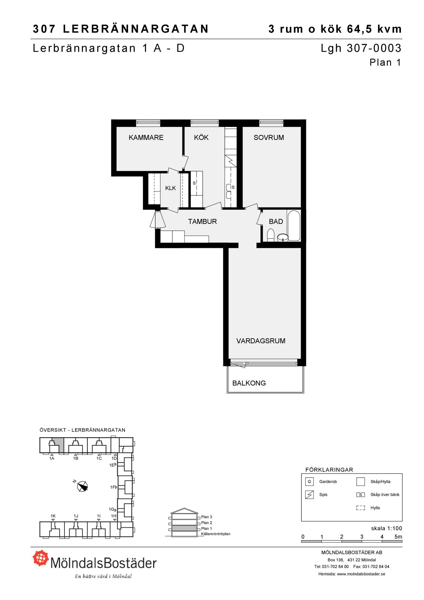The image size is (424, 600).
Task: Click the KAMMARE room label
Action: coord(146,138)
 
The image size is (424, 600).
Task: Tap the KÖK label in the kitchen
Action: coord(201,137)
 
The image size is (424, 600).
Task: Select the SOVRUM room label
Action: coord(269,138)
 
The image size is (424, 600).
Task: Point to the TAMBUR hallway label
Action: coord(202,222)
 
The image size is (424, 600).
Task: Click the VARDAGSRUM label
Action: coord(261,341)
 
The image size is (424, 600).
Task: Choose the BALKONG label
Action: coord(249,383)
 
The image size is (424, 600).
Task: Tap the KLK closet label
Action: coord(170,188)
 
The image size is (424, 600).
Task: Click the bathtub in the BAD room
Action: coord(294,226)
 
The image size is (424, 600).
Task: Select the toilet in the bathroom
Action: coord(271,235)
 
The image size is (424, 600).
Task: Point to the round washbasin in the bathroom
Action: coord(283,238)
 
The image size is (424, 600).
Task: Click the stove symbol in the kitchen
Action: coord(230,161)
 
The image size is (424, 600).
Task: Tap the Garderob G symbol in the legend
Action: coord(309,482)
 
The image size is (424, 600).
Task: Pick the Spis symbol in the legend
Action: coord(309,495)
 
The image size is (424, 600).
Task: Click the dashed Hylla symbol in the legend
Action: coord(360,508)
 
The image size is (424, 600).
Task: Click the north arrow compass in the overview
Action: coord(82,486)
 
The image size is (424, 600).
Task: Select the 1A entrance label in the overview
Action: coord(52,458)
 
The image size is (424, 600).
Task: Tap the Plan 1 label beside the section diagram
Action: coord(206,529)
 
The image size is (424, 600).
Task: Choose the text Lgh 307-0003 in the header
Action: coord(361,48)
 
